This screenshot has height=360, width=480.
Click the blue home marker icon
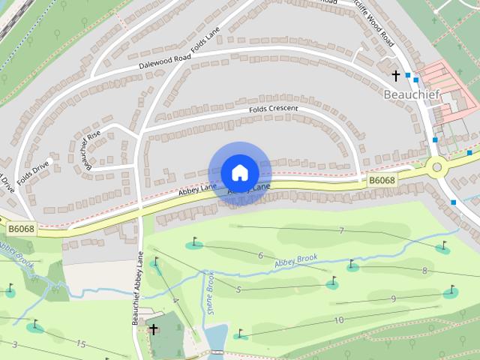(239, 172)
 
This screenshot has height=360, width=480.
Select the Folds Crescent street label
(274, 109)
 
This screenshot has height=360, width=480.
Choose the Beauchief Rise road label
(91, 148)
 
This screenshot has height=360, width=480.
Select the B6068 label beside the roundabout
(381, 181)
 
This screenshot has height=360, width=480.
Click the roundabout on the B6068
(436, 166)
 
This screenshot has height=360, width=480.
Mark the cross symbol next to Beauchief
(396, 76)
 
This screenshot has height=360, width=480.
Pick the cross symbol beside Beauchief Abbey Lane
(153, 329)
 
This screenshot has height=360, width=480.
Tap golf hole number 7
(341, 230)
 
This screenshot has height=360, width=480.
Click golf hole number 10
(340, 319)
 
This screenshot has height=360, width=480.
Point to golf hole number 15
(80, 343)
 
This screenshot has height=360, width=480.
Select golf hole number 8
(424, 271)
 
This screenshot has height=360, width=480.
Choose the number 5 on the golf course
(238, 289)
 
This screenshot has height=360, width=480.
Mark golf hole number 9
(393, 299)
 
